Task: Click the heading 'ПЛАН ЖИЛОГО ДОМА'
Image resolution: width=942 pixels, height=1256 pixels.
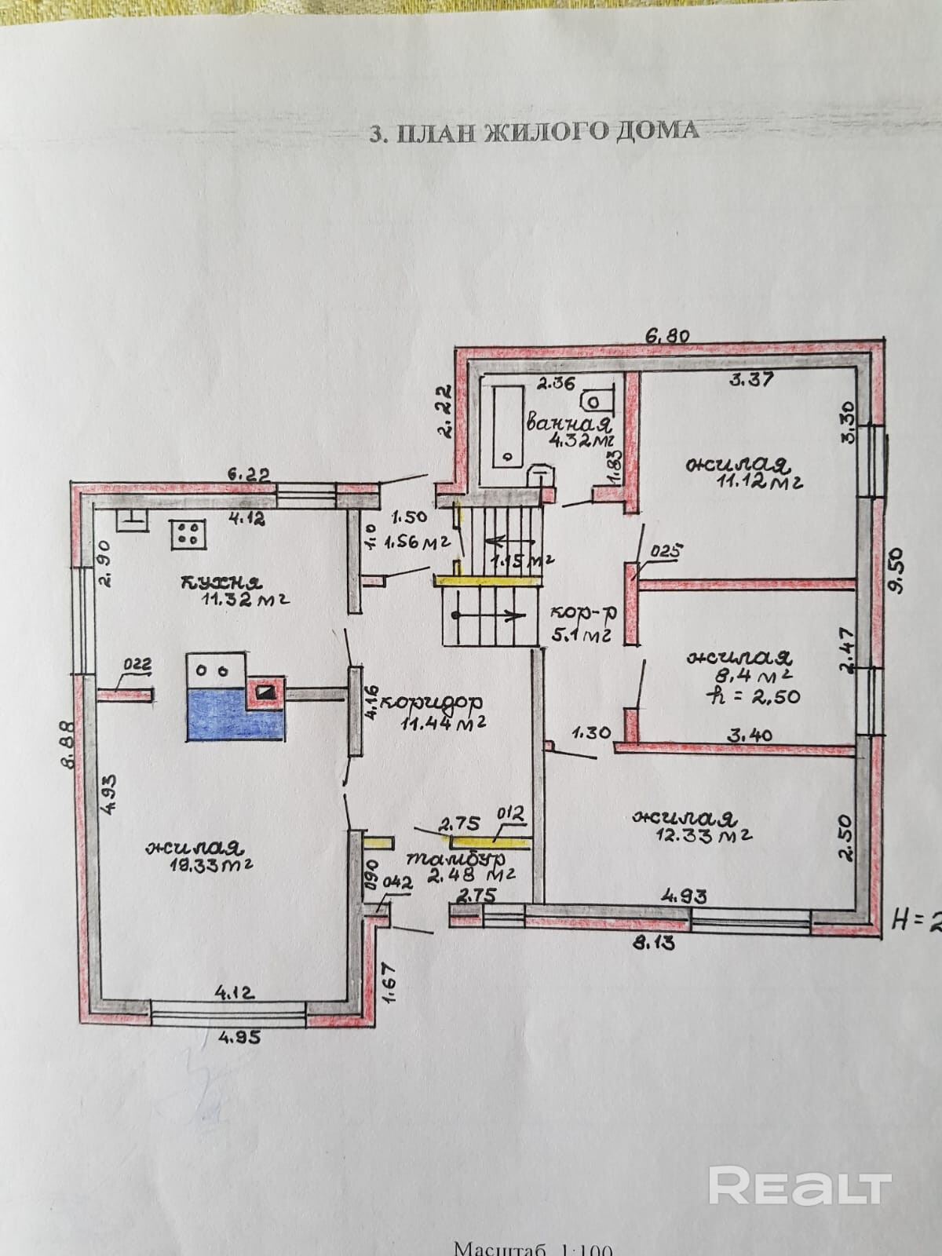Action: point(534,130)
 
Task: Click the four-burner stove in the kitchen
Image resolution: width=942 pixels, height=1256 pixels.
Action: point(188,533)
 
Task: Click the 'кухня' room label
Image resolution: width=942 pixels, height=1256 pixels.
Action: point(221,582)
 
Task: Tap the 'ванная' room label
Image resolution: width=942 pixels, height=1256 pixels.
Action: point(568,424)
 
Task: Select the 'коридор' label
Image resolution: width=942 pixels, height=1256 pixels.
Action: point(440,701)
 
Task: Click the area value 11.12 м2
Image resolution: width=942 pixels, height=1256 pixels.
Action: point(745,482)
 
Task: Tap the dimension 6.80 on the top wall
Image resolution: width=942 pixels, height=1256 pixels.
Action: point(666,335)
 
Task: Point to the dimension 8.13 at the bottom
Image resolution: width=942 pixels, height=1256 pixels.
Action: point(654,943)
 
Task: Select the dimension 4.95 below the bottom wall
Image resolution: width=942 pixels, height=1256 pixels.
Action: point(239,1036)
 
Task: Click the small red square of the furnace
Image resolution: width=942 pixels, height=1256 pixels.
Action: point(265,691)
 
